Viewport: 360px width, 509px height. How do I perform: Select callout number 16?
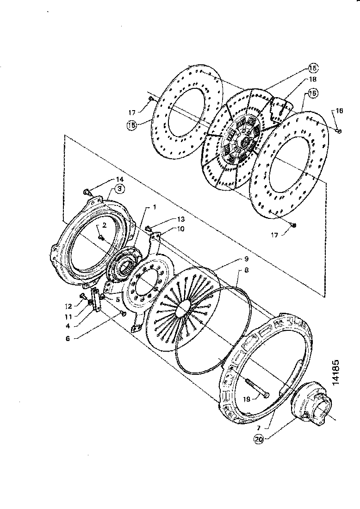click(x=339, y=111)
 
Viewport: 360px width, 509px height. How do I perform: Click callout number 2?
click(x=105, y=225)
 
